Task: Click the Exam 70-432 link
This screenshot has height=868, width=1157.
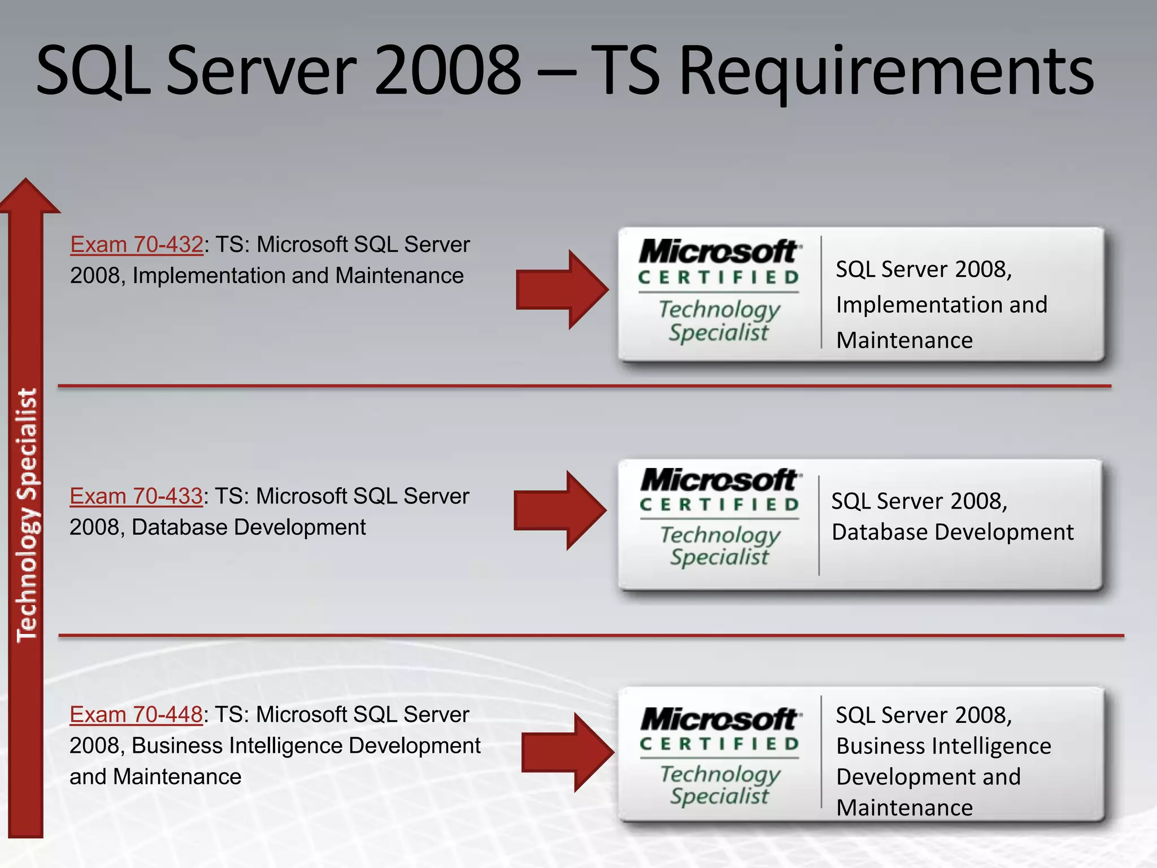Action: click(x=136, y=245)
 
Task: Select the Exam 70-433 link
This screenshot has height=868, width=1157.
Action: click(x=136, y=496)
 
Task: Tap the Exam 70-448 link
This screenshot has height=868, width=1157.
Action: click(x=136, y=715)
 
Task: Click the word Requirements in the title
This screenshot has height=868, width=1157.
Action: click(x=886, y=72)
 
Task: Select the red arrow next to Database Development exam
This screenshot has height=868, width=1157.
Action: click(x=559, y=510)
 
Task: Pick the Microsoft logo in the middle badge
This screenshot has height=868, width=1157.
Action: click(x=719, y=480)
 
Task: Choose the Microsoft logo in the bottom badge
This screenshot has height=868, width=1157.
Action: click(x=719, y=720)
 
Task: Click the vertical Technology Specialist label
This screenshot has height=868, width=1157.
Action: click(x=27, y=514)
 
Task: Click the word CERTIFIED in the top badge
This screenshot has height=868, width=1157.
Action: click(x=719, y=277)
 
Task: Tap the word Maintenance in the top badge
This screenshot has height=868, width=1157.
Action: click(x=904, y=340)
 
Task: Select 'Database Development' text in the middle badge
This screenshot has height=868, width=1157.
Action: click(x=952, y=532)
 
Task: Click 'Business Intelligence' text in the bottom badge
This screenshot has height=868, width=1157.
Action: click(x=943, y=746)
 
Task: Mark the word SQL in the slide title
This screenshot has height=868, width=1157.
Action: click(x=93, y=72)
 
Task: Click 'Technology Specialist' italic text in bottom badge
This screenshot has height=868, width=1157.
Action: click(x=720, y=785)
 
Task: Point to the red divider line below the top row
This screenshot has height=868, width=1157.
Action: click(x=584, y=387)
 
